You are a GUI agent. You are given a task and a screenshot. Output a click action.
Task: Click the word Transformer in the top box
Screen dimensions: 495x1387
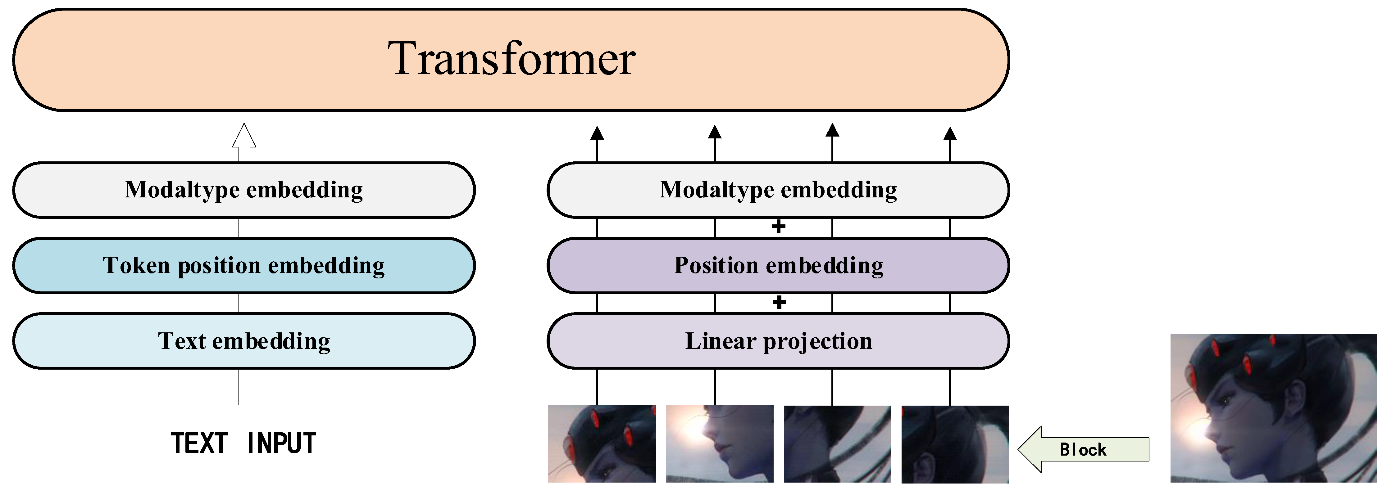pos(512,59)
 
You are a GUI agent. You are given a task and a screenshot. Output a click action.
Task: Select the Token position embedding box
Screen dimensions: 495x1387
pos(244,266)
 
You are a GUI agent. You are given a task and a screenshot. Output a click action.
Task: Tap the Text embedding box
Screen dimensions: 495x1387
pos(244,341)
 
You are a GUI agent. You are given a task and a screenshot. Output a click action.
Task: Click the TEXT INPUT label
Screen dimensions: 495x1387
pos(244,443)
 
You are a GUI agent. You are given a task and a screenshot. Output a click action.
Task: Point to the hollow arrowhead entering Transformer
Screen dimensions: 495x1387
pos(244,136)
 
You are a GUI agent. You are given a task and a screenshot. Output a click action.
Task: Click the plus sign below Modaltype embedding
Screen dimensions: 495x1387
pos(778,227)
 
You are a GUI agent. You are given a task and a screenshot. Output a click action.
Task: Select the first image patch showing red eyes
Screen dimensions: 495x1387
pos(602,443)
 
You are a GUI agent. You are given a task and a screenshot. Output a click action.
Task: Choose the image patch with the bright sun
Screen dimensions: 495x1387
pos(719,443)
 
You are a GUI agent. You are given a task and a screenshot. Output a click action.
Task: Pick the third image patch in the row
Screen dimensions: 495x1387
pos(837,443)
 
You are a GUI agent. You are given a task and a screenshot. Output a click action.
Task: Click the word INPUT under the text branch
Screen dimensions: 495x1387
pos(282,443)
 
